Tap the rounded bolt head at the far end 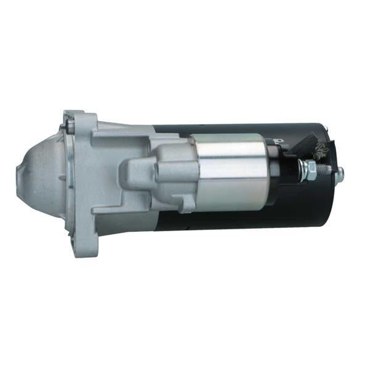click(340, 175)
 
